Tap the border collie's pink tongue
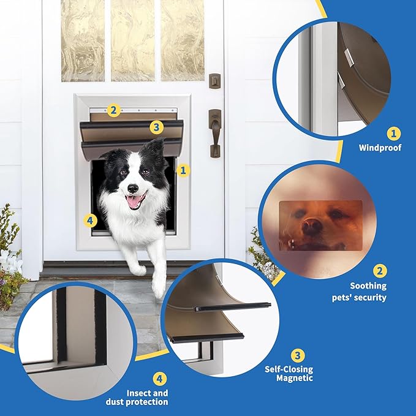[x=135, y=199]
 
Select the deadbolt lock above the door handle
[x=214, y=80]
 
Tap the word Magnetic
[x=297, y=378]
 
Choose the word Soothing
[x=368, y=286]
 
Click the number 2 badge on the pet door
[x=112, y=110]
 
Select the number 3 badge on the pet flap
[x=157, y=127]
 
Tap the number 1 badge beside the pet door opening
[x=182, y=170]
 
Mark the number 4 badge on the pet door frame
[x=90, y=220]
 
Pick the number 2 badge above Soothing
[x=380, y=271]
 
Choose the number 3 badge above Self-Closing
[x=297, y=356]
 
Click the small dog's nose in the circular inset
[x=311, y=226]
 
